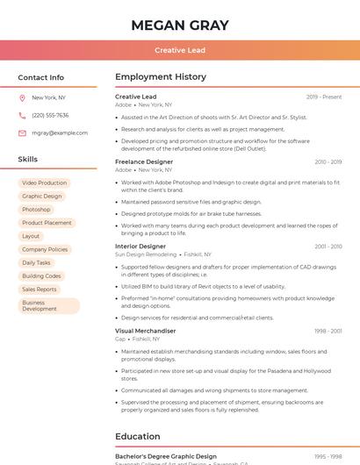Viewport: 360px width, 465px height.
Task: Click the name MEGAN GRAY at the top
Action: pos(180,25)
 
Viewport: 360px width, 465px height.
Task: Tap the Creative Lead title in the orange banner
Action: pos(180,50)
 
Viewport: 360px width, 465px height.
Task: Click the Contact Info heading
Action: pos(40,77)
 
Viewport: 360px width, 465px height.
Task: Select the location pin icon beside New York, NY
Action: pos(22,97)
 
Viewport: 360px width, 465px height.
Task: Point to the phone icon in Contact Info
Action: pos(22,115)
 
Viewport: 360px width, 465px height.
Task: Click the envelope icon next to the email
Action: pos(22,132)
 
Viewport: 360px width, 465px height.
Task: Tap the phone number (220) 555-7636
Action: pos(50,115)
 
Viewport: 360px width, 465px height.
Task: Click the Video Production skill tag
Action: pos(44,182)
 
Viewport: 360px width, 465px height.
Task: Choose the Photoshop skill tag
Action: pos(36,210)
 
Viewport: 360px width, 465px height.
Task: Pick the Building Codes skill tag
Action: pos(41,275)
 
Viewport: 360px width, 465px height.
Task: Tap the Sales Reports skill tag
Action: pos(40,289)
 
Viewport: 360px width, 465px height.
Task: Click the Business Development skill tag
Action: pos(40,305)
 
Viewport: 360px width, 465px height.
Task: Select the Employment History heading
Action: pos(161,77)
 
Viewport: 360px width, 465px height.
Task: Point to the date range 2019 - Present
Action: pos(324,97)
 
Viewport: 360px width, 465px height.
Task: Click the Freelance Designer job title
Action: pos(144,161)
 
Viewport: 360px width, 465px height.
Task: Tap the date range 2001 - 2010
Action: pos(328,247)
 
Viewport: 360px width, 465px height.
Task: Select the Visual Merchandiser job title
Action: pos(146,331)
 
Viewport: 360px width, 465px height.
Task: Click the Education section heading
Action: pos(138,436)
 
